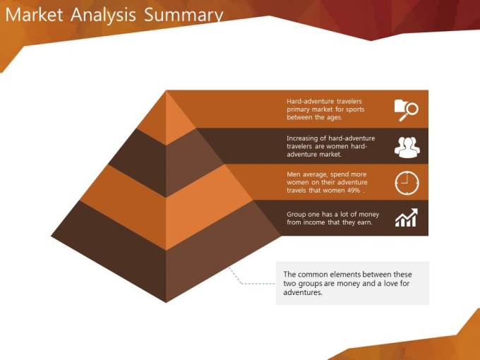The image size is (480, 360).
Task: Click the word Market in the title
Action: [35, 15]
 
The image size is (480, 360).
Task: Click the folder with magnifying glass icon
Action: [406, 110]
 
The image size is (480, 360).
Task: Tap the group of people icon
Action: [407, 148]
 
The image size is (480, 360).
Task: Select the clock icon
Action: [407, 183]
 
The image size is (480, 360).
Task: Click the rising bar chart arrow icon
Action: [407, 217]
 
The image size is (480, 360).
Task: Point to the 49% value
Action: [354, 191]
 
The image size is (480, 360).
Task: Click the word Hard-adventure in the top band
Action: [311, 102]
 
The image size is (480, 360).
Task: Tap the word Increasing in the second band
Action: [302, 138]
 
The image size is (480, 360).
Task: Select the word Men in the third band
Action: [293, 174]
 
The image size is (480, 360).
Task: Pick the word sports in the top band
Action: [354, 109]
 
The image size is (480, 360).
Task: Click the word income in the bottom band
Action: [314, 222]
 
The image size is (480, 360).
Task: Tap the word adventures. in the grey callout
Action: [303, 292]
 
